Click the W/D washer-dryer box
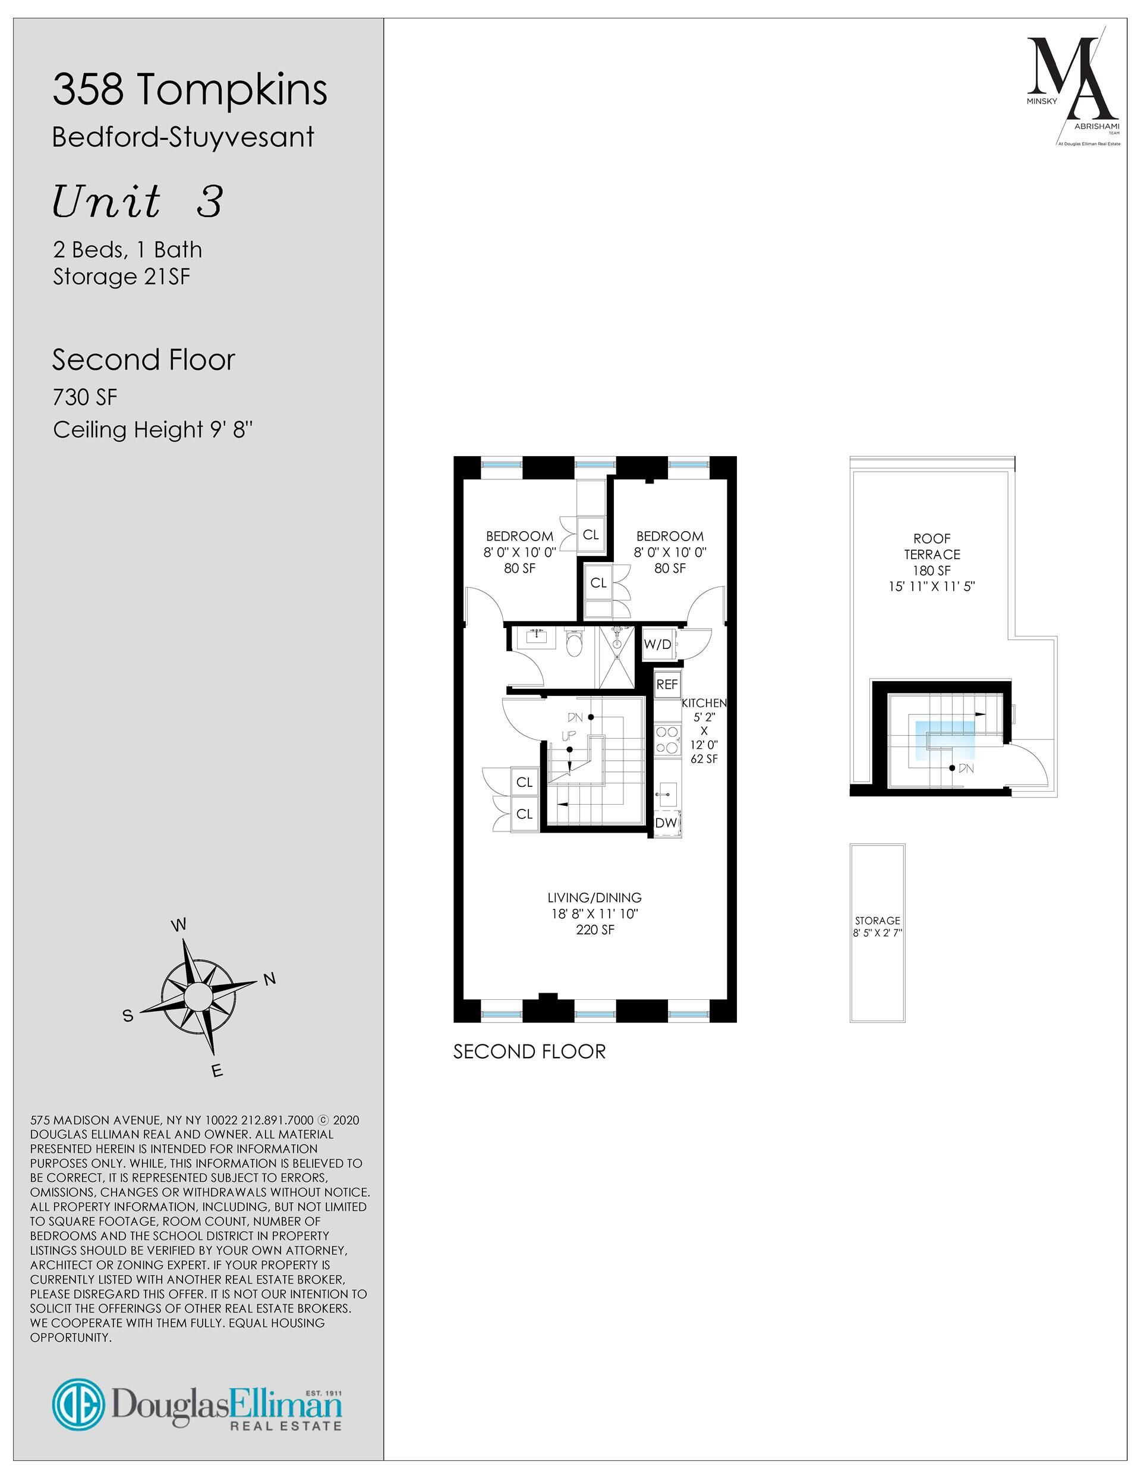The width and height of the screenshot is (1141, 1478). click(657, 644)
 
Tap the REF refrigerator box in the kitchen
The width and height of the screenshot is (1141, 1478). click(667, 684)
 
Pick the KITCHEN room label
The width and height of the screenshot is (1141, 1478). click(704, 703)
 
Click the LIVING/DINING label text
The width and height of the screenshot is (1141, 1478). click(594, 898)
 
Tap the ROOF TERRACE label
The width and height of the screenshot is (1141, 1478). click(932, 546)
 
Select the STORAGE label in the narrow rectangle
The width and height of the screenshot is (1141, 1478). click(877, 920)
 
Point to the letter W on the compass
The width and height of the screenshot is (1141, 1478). click(178, 925)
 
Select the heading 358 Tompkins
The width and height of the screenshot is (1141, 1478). click(190, 89)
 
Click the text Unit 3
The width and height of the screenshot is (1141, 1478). click(137, 202)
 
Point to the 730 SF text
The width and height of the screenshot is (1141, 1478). click(85, 397)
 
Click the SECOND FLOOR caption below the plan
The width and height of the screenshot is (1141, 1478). click(529, 1051)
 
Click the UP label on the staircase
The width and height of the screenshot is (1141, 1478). click(569, 736)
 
